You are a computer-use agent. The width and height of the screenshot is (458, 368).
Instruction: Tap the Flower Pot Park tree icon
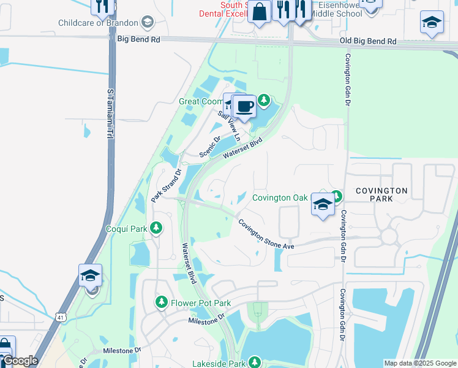(162, 302)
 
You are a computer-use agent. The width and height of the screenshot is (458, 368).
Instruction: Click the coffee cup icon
(245, 106)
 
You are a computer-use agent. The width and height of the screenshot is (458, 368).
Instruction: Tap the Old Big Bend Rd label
(368, 42)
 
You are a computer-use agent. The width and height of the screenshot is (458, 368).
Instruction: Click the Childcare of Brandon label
(98, 23)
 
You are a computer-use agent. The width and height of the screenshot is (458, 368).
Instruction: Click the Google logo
(20, 361)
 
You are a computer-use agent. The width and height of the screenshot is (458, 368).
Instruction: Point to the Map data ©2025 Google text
(419, 363)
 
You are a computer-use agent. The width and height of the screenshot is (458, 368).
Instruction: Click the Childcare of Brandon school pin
(147, 23)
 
